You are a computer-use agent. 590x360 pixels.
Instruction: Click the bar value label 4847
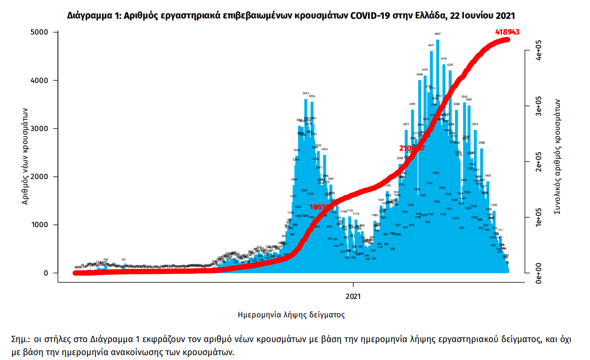(437, 34)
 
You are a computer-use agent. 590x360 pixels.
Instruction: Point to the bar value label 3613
(306, 93)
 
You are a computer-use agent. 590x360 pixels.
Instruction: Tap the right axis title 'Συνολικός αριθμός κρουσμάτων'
(558, 156)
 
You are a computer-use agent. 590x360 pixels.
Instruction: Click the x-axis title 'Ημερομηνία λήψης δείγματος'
(291, 315)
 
